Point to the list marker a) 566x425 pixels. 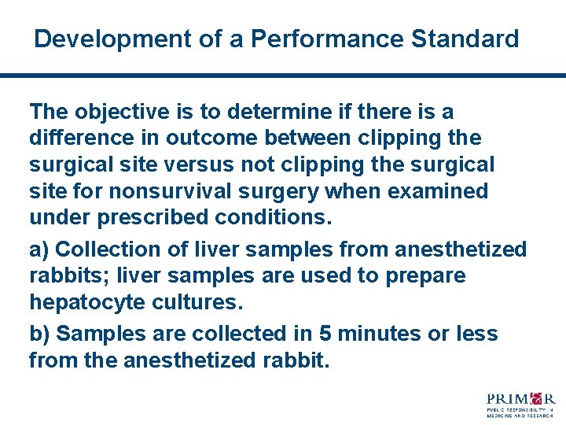39,250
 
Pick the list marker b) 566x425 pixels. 40,334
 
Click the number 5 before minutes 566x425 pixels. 324,334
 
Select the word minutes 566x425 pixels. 378,334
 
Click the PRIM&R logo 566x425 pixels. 520,403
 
